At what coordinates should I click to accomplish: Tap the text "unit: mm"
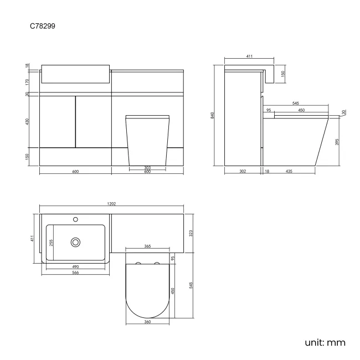[x=325, y=342]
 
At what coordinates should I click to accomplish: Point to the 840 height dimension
[x=213, y=115]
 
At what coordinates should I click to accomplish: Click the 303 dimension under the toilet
[x=147, y=167]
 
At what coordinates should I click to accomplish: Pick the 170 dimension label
[x=27, y=81]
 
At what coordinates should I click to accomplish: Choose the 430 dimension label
[x=27, y=122]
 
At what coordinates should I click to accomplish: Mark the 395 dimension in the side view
[x=337, y=142]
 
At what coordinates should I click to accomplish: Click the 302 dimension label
[x=243, y=172]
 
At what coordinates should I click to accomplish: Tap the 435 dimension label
[x=289, y=172]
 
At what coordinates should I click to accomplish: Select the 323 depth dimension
[x=191, y=234]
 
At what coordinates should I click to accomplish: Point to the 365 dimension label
[x=148, y=246]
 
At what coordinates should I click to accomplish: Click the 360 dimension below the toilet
[x=148, y=322]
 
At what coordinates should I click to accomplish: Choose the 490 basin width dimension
[x=75, y=267]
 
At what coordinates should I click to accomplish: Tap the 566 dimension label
[x=75, y=272]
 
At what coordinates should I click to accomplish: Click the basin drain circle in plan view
[x=75, y=242]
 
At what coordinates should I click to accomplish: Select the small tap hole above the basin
[x=75, y=219]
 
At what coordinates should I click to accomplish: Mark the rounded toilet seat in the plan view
[x=148, y=291]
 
